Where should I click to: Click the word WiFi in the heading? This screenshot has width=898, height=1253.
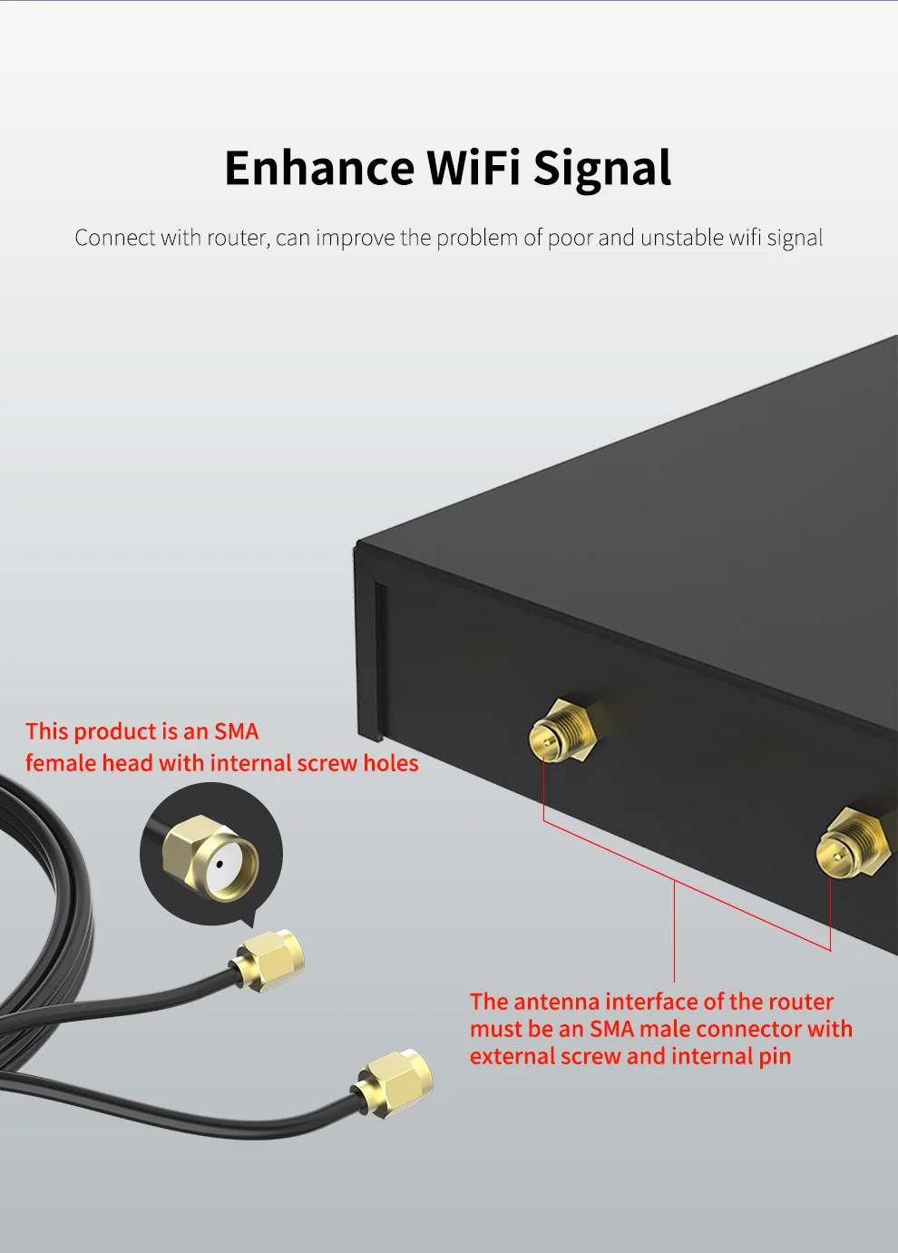(473, 169)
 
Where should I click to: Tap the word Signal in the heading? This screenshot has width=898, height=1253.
(601, 169)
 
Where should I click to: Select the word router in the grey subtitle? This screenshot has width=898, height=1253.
(238, 238)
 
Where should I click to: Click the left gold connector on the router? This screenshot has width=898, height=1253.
(561, 732)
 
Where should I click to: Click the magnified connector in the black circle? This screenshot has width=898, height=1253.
(210, 857)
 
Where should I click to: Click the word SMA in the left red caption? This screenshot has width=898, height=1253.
(237, 731)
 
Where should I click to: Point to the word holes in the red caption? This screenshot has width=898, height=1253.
(391, 763)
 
